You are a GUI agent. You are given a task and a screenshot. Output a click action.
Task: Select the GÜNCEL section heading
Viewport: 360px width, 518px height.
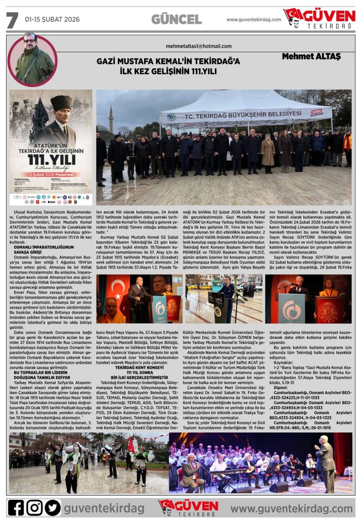click(176, 20)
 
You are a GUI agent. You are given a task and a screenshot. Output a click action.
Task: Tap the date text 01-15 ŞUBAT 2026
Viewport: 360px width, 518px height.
click(52, 20)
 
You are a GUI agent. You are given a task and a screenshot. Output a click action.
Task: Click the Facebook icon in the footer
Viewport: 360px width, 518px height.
click(16, 507)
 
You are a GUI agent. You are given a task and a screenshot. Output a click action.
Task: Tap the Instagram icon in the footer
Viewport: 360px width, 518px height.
click(34, 507)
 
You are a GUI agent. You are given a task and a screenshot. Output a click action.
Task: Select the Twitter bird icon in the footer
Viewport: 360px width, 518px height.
click(53, 507)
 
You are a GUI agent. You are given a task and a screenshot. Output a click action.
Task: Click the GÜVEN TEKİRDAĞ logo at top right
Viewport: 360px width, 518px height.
click(320, 19)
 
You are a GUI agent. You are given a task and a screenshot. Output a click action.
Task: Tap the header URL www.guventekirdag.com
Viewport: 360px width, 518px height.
click(253, 20)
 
